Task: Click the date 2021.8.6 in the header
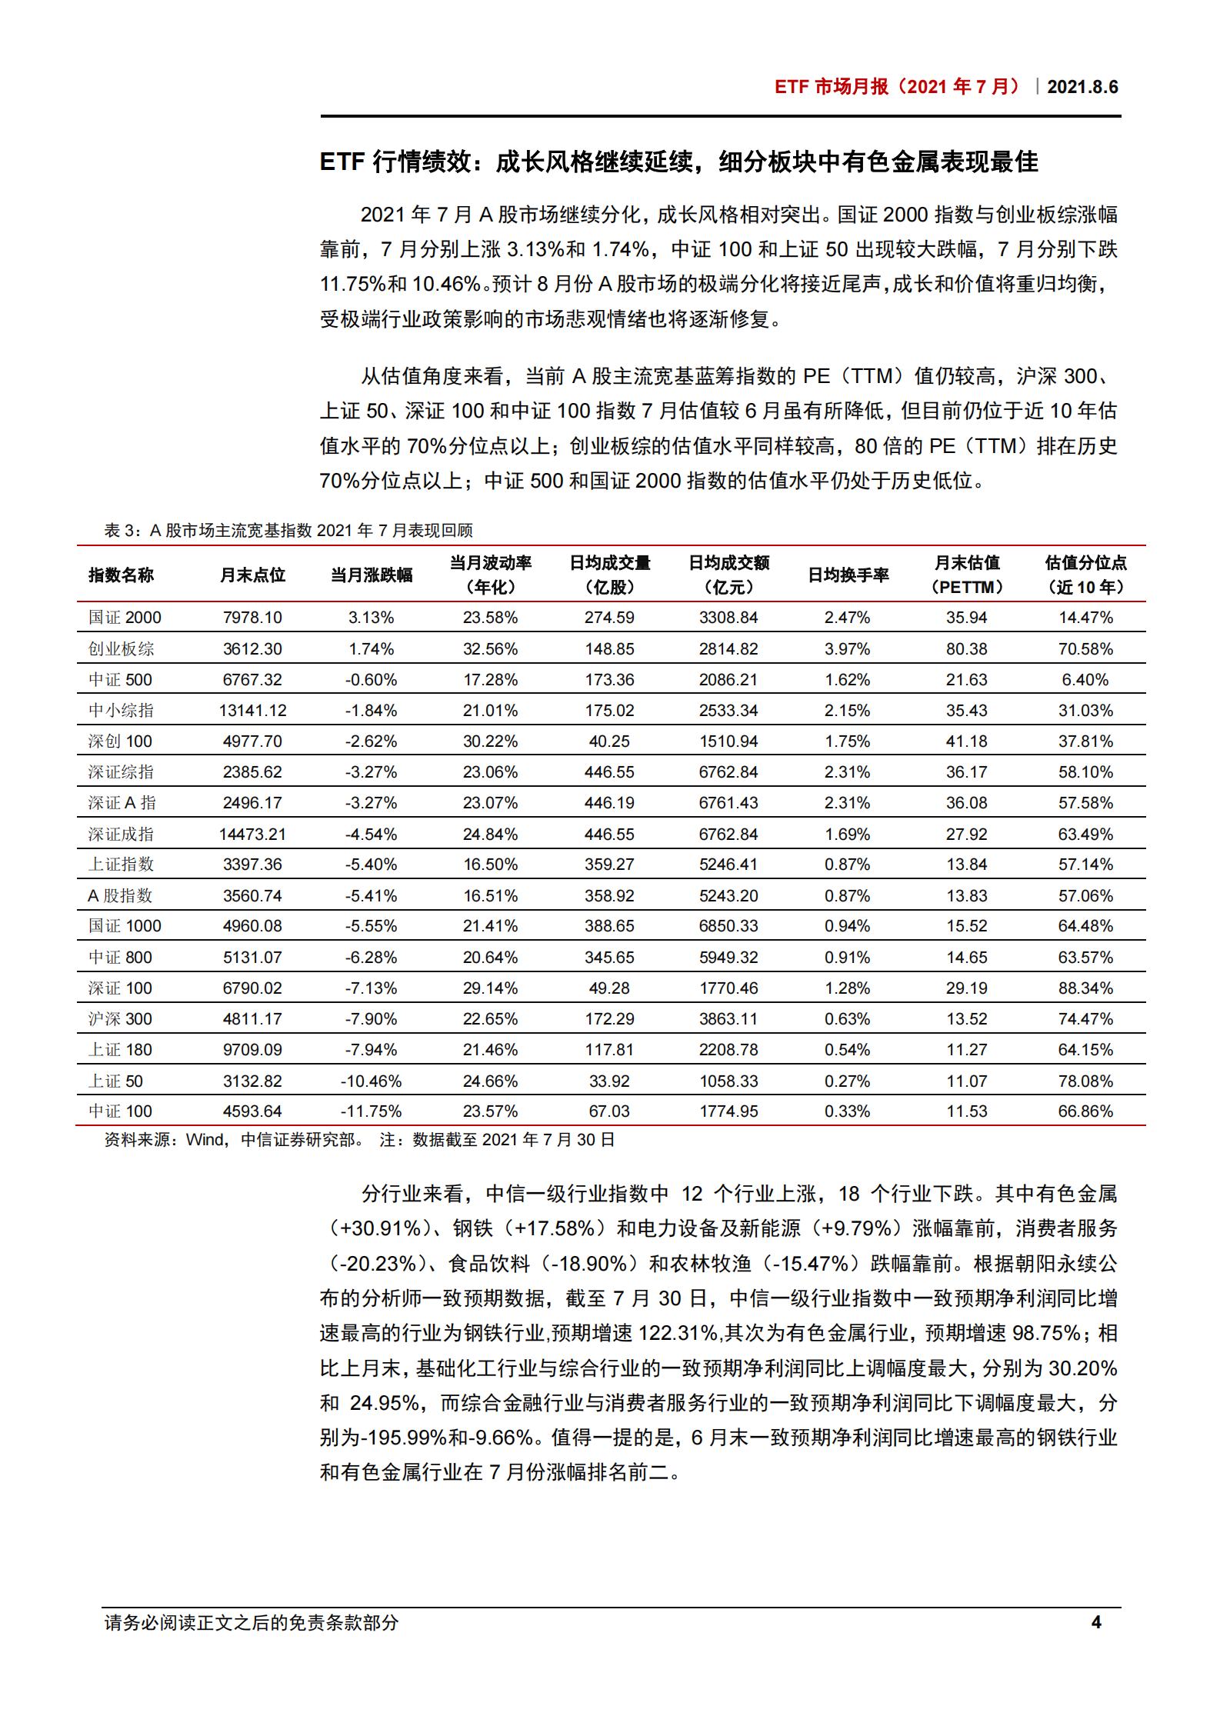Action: [1082, 87]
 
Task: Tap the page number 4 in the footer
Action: [1096, 1622]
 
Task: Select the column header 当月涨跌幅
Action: [372, 575]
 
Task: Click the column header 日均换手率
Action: [848, 575]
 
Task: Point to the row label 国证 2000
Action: [125, 618]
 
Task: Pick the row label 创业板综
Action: [121, 649]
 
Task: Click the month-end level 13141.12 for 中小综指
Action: [252, 711]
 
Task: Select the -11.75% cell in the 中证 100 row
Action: [371, 1111]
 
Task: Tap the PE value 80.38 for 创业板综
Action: [966, 649]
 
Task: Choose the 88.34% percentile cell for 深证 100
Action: [1085, 988]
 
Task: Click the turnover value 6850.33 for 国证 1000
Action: [728, 926]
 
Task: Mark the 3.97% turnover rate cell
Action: [847, 649]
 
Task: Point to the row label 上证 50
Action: [115, 1081]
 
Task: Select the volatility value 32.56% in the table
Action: [490, 649]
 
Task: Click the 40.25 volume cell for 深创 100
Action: [609, 741]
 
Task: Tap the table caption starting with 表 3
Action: [288, 530]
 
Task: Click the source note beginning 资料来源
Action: [359, 1140]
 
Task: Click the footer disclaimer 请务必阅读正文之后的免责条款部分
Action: [252, 1622]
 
